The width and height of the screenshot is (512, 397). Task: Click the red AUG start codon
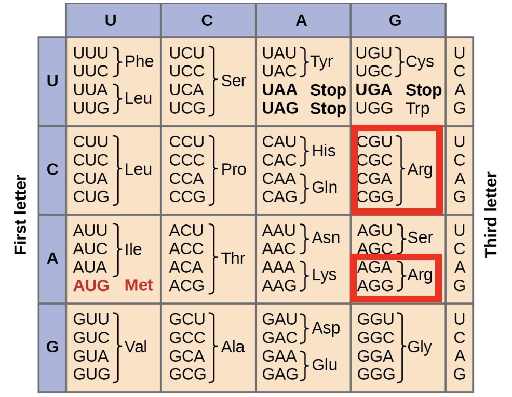click(x=91, y=286)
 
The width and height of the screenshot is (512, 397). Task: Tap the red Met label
click(x=139, y=286)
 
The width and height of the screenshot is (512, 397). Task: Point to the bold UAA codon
click(x=280, y=90)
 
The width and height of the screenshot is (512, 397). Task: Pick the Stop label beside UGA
click(x=423, y=90)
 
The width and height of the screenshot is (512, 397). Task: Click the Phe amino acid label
click(x=139, y=61)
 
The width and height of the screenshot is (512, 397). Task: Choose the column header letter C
click(x=207, y=20)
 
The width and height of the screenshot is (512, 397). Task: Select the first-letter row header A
click(x=52, y=258)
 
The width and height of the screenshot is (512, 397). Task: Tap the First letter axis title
click(x=20, y=215)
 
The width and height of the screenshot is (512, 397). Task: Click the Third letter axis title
click(x=491, y=215)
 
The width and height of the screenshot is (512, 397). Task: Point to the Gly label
click(x=420, y=347)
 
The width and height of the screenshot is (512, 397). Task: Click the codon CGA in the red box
click(x=374, y=179)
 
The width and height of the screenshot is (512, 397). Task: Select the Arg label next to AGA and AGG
click(x=420, y=275)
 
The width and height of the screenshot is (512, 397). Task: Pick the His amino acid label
click(x=324, y=151)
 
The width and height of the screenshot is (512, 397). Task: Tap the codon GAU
click(x=279, y=319)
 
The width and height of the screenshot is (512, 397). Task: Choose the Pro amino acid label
click(x=234, y=170)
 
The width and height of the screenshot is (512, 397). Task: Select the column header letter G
click(x=395, y=20)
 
